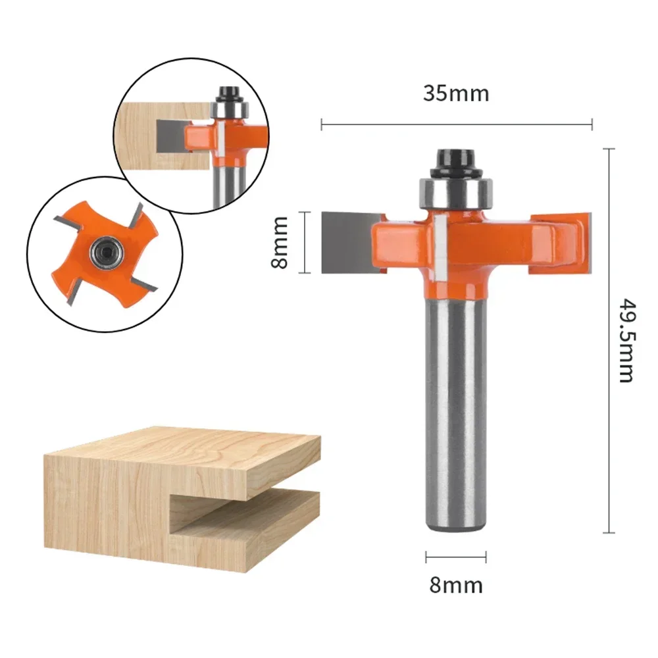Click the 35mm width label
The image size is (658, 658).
(x=456, y=93)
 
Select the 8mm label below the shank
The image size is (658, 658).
(x=456, y=584)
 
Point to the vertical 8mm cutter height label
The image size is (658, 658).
(x=280, y=241)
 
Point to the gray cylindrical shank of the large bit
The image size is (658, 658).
(x=455, y=408)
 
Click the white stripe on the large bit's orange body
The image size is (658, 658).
(x=440, y=247)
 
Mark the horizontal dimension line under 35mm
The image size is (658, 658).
(x=456, y=124)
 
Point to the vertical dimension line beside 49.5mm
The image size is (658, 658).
(x=609, y=340)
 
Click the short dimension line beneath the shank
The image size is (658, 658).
(x=455, y=558)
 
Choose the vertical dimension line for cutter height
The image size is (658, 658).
(x=303, y=241)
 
